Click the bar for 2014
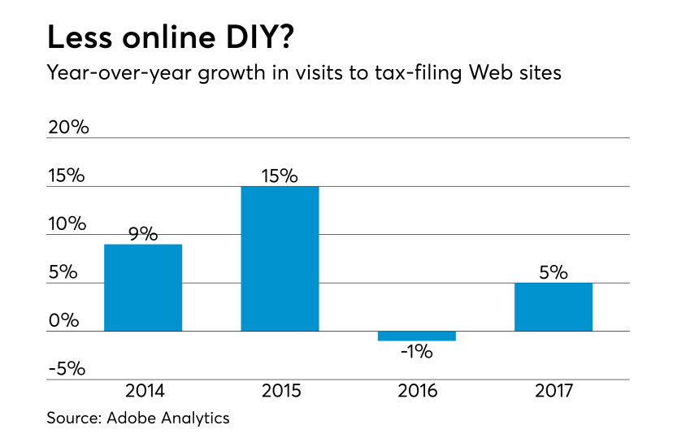pos(143,288)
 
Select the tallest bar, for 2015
pos(280,258)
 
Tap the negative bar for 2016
pos(417,336)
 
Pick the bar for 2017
pos(554,306)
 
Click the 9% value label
pos(143,234)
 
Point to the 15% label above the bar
pos(280,176)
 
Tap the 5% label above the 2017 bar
pos(554,273)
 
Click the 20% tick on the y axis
pos(68,128)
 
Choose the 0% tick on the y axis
pos(63,320)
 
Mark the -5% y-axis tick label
pos(66,368)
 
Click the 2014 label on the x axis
pos(144,392)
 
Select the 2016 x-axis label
pos(417,392)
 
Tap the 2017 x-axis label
pos(554,392)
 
